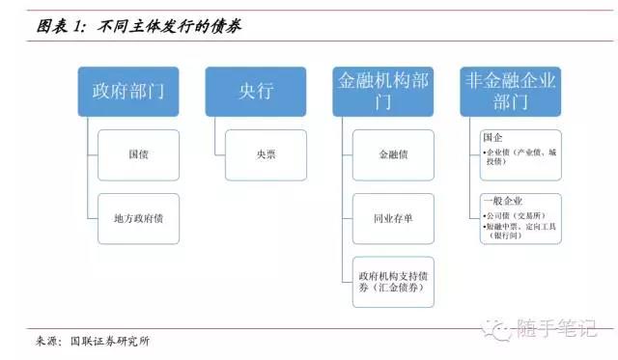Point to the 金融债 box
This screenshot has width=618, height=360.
[x=393, y=154]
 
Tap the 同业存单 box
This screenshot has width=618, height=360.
[x=393, y=218]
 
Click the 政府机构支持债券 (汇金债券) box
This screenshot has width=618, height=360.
[x=393, y=281]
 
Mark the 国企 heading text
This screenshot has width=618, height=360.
[x=492, y=138]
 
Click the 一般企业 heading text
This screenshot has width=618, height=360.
[x=497, y=201]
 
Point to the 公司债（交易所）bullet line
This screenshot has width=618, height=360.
[x=516, y=215]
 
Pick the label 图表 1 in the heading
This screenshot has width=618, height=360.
[x=62, y=28]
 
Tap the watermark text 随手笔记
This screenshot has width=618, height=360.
[x=560, y=329]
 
